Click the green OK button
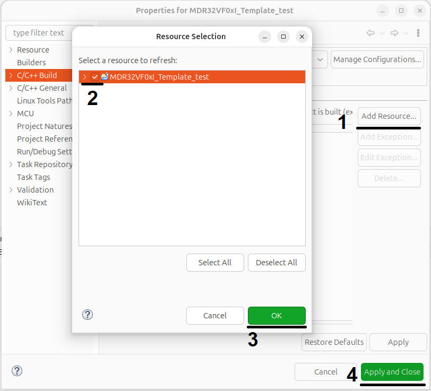click(277, 316)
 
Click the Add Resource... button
click(389, 116)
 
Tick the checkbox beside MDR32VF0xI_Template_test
click(95, 77)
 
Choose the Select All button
click(215, 263)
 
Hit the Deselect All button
click(277, 263)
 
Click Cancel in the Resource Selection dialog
click(215, 316)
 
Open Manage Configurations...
click(377, 59)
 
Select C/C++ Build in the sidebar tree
click(37, 75)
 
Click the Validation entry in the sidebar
click(35, 190)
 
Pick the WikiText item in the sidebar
click(32, 203)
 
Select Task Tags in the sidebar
click(33, 177)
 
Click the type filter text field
click(39, 33)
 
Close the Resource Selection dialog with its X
click(302, 37)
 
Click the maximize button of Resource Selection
click(283, 37)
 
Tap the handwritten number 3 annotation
click(253, 340)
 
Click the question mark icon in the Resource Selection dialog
click(88, 315)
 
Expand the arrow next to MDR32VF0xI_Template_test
click(85, 77)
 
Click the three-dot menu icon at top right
click(418, 33)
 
